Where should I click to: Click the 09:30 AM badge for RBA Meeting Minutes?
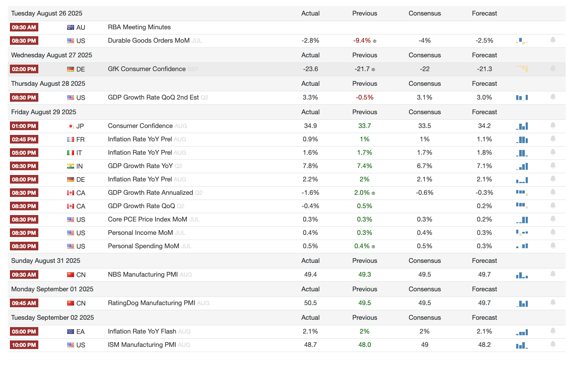(24, 27)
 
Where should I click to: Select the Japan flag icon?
(71, 126)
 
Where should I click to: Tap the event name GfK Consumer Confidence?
(146, 69)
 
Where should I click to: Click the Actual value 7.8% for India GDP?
(310, 166)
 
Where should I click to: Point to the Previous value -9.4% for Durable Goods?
(362, 41)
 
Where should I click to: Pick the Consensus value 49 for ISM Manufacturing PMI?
(424, 345)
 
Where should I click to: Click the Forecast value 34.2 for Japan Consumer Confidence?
(484, 126)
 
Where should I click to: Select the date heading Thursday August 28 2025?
(43, 84)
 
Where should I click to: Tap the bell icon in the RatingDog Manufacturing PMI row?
(553, 303)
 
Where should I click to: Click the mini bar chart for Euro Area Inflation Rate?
(522, 332)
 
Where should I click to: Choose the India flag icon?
(71, 166)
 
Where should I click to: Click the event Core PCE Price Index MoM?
(147, 219)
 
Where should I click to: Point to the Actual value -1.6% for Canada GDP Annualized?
(310, 193)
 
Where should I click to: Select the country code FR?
(81, 139)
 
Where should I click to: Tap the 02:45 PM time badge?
(24, 139)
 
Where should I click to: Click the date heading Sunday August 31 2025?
(46, 261)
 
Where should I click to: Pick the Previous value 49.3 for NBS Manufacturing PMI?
(365, 274)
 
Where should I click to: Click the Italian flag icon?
(71, 153)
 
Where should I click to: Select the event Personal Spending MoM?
(143, 246)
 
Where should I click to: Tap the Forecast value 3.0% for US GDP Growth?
(484, 97)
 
